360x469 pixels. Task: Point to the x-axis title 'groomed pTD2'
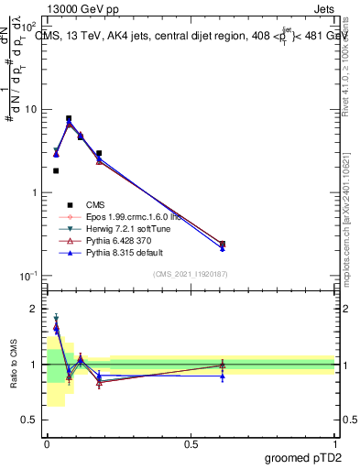coord(301,457)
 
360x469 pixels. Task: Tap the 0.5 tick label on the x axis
coord(191,443)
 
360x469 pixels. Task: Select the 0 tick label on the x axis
coord(47,443)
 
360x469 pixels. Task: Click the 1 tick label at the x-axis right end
coord(334,443)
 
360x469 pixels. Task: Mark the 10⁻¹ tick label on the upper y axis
coord(27,276)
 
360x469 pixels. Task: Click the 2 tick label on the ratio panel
coord(34,309)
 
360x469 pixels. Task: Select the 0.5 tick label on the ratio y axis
coord(30,420)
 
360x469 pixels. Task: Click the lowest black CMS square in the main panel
coord(223,244)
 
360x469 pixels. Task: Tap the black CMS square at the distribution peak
coord(69,118)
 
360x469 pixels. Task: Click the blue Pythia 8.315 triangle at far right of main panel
coord(223,248)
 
